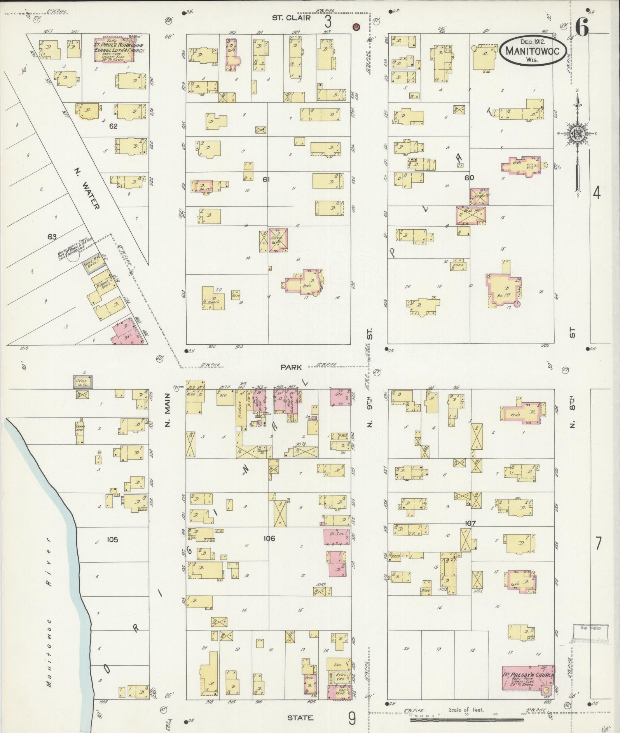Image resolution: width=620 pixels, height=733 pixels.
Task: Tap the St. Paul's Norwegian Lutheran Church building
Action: tap(116, 50)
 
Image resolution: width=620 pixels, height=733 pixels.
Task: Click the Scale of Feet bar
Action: tap(466, 720)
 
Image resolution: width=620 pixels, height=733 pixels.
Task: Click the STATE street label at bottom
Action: tap(300, 718)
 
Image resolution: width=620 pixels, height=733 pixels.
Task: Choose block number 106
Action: tap(269, 539)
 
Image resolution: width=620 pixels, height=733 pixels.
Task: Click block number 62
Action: tap(113, 126)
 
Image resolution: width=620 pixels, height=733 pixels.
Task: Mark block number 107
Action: tap(470, 524)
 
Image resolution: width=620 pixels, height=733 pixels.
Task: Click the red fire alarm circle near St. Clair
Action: tap(356, 27)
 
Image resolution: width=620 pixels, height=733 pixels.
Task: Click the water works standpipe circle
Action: tap(73, 258)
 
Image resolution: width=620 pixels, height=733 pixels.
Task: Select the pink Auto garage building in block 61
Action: tap(278, 240)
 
